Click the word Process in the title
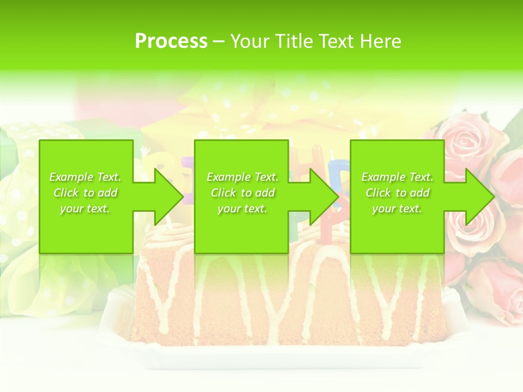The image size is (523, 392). point(171,41)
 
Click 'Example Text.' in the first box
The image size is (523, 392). point(86,177)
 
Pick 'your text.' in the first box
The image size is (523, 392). point(86,209)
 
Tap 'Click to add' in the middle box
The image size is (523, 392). point(242,193)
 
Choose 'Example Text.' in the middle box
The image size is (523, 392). point(242,177)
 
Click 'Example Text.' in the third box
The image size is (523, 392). point(397,177)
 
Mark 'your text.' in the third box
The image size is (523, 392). point(397,209)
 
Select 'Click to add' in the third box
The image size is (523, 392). point(397,193)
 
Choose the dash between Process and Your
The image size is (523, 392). point(218,41)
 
